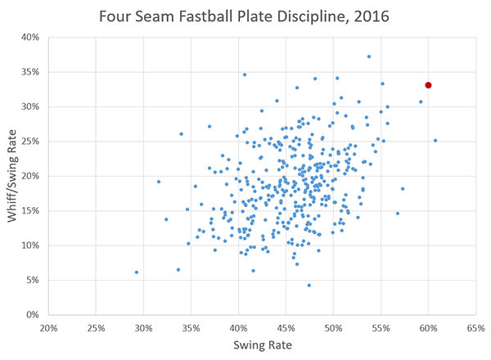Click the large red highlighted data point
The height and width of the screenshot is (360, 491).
[x=428, y=85]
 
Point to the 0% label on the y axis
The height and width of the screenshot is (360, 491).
[x=32, y=314]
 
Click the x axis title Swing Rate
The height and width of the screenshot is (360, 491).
[x=262, y=344]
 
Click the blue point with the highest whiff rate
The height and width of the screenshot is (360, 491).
[x=369, y=56]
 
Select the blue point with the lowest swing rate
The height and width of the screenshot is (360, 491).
[x=136, y=272]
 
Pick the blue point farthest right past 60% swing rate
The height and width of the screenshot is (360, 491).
[x=435, y=140]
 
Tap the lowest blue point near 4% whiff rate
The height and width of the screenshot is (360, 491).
[x=309, y=286]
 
